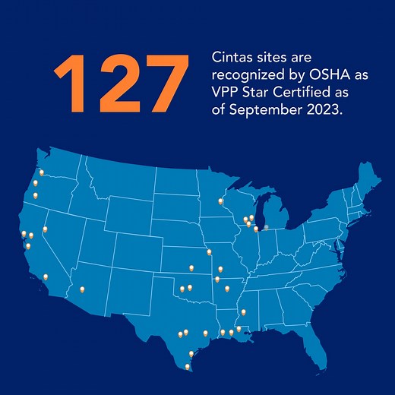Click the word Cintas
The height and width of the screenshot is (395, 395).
click(232, 58)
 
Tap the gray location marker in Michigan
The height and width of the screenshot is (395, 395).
click(266, 226)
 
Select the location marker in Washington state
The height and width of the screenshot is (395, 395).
click(42, 172)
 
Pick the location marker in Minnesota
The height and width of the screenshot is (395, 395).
click(220, 201)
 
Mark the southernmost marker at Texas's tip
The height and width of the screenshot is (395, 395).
click(188, 366)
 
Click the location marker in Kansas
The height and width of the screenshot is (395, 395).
click(191, 267)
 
